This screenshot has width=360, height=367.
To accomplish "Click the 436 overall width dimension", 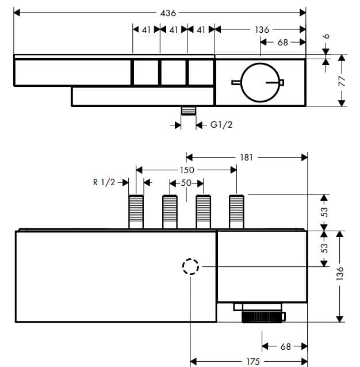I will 167,12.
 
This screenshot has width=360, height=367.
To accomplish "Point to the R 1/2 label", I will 104,182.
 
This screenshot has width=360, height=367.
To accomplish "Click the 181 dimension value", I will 246,157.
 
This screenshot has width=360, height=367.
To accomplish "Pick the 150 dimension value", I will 187,170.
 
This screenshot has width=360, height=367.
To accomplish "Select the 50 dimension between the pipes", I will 186,183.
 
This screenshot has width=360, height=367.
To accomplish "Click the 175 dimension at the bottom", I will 252,361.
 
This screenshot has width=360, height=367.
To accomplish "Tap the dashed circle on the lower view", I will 190,267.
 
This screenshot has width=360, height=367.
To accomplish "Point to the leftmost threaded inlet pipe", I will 136,212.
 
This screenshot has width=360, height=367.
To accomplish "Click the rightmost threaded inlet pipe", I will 236,212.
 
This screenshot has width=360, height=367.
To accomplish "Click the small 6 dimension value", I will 326,36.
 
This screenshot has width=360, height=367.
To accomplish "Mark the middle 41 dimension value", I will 173,29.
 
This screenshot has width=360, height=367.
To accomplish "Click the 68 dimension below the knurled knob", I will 286,346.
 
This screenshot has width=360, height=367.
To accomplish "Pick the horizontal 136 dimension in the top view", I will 262,29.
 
